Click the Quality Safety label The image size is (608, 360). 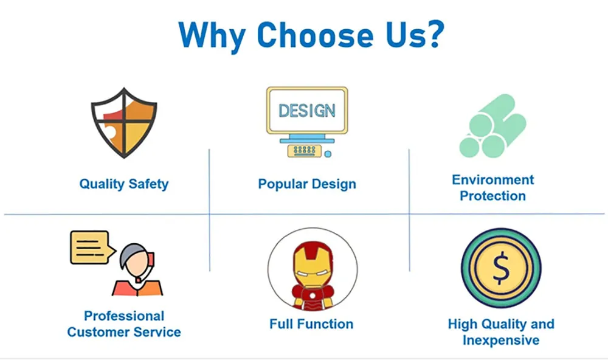click(124, 184)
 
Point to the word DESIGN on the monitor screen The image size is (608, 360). click(307, 111)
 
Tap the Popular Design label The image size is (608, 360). click(307, 184)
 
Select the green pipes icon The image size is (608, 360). click(492, 126)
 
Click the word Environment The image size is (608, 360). click(493, 180)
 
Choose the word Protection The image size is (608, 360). click(493, 196)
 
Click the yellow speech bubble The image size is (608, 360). click(89, 246)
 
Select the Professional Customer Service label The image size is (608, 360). click(124, 324)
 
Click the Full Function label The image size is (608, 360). click(311, 324)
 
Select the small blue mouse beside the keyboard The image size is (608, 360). click(328, 153)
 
